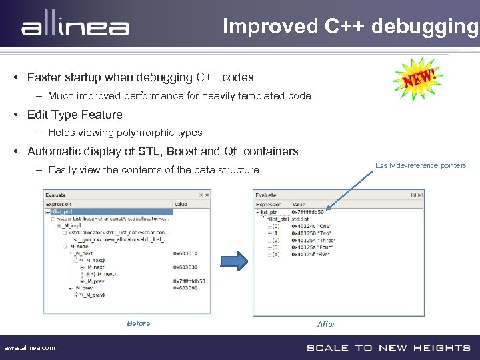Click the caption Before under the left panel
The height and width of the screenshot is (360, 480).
click(139, 323)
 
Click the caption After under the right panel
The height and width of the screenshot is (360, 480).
click(326, 324)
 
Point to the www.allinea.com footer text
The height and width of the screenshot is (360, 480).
click(30, 347)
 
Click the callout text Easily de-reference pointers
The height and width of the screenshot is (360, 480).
click(421, 165)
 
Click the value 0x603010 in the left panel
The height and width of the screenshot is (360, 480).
click(186, 253)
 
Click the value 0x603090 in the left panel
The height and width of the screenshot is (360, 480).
click(186, 288)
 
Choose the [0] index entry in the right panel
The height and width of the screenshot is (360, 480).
click(275, 226)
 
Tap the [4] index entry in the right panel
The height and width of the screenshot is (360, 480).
click(275, 254)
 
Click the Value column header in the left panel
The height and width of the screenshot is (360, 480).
click(181, 204)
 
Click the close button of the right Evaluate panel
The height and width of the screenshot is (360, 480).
click(419, 195)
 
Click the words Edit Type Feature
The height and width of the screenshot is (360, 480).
click(75, 115)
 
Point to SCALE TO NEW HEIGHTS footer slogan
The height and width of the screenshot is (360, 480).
click(388, 347)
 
